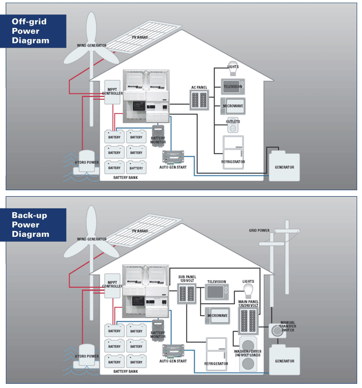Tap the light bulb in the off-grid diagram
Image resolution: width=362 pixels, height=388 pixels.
point(232,68)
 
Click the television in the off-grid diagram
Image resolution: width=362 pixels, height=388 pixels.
point(233,86)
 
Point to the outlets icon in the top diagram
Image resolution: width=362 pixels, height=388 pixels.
point(233,126)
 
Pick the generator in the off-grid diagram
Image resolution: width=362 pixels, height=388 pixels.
point(284,163)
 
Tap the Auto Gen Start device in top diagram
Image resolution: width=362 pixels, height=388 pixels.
point(173,157)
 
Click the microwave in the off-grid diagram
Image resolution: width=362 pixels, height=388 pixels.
point(233,106)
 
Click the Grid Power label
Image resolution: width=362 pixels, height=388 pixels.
point(259,230)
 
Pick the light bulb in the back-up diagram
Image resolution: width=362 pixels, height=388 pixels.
point(248,290)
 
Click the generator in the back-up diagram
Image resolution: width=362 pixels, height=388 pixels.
point(284,357)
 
